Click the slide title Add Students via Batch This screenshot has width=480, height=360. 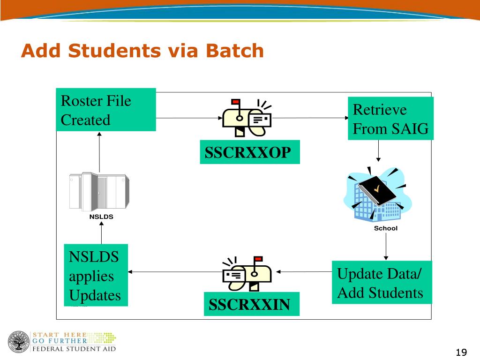(142, 51)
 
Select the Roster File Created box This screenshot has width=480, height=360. (106, 110)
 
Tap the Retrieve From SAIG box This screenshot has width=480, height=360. (390, 119)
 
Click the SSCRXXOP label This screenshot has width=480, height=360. (249, 152)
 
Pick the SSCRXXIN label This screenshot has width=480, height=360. (251, 304)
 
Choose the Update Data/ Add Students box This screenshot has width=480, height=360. (382, 283)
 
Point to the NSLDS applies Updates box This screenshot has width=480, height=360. (95, 276)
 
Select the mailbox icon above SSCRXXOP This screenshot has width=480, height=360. (247, 118)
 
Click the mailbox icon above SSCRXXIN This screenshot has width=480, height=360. (247, 273)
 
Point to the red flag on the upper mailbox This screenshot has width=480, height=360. (235, 101)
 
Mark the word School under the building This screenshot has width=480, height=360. (385, 228)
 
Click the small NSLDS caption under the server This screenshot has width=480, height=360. (101, 217)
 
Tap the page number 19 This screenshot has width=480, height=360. (461, 352)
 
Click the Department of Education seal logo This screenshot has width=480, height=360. (17, 342)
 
